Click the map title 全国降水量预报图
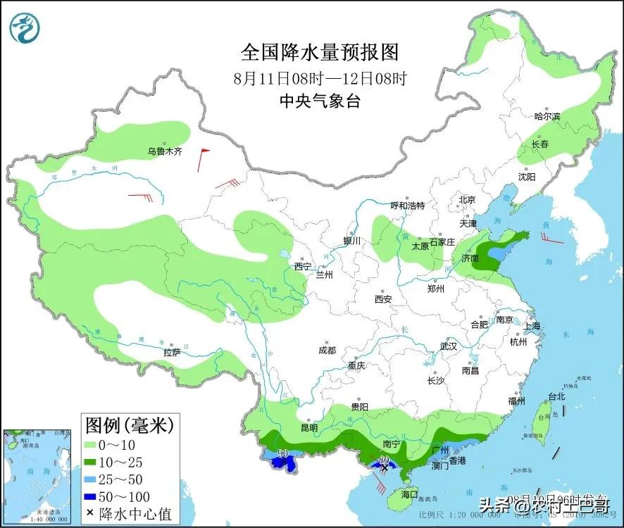(x=320, y=52)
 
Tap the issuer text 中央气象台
(x=320, y=101)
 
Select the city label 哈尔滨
(x=547, y=116)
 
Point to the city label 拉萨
(x=173, y=352)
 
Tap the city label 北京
(x=468, y=200)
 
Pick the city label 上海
(x=532, y=326)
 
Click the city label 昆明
(x=308, y=427)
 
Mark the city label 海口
(x=409, y=494)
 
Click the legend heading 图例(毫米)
(x=129, y=425)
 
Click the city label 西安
(x=384, y=299)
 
